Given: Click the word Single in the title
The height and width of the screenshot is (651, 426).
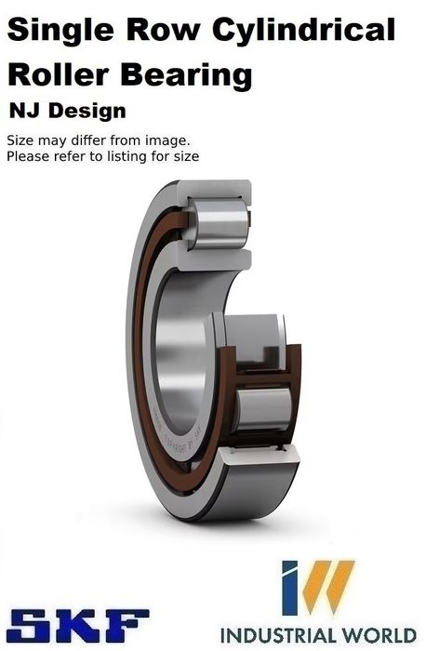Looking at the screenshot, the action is tap(60, 31).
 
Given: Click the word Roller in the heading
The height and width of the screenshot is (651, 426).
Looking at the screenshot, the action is tap(59, 74).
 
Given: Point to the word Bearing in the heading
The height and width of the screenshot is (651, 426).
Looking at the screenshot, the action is tap(186, 76).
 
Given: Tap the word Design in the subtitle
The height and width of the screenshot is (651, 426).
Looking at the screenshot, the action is tap(87, 113).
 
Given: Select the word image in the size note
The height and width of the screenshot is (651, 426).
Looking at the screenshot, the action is tap(166, 141).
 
